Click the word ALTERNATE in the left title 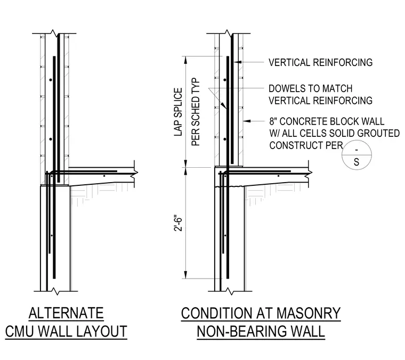66,313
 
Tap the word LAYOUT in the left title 102,331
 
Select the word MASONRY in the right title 309,313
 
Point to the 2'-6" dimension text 178,223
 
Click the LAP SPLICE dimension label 178,112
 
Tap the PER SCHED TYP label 196,112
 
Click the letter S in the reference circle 357,162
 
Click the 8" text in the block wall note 273,121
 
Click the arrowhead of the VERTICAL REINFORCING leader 238,62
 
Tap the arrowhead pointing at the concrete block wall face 247,121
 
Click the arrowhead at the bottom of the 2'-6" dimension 185,275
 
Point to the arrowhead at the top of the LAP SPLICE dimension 185,60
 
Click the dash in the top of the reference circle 357,150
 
